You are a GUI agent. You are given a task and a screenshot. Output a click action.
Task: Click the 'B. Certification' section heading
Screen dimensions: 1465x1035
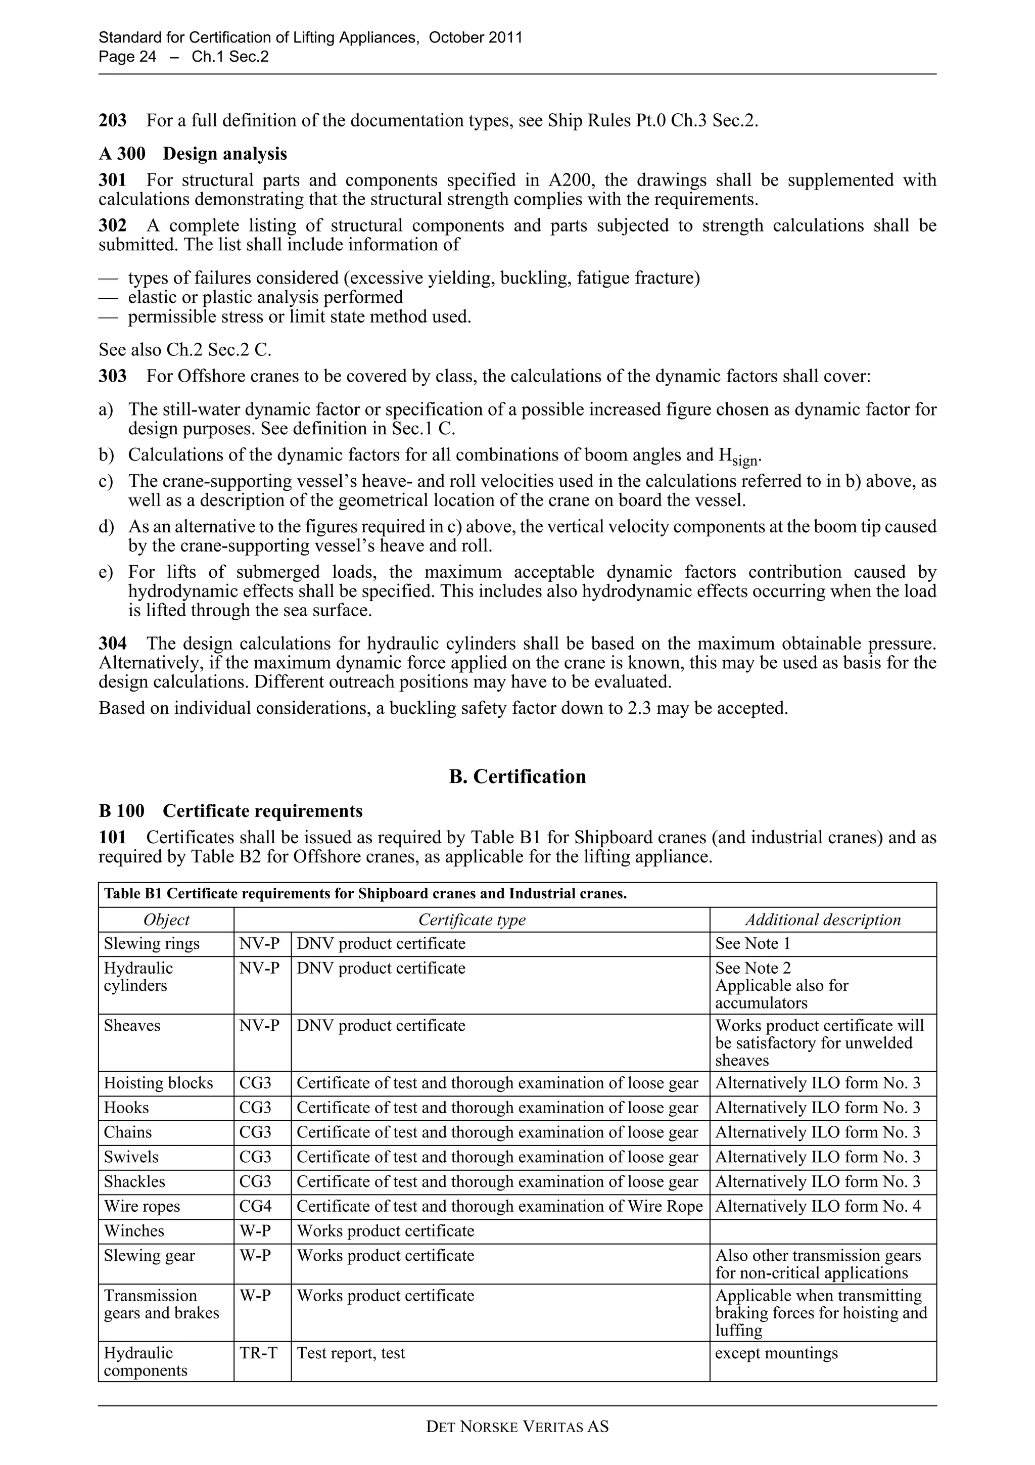517,776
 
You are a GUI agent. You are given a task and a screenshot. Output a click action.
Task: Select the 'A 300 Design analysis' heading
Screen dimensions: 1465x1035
193,154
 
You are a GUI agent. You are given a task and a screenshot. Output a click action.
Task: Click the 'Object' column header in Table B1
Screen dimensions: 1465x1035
166,920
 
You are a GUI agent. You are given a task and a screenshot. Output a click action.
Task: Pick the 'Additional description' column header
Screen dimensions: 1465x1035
823,920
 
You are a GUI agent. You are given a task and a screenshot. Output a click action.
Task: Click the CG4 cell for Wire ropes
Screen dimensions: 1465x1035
255,1207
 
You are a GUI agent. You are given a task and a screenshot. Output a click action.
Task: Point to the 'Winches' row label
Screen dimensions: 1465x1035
134,1231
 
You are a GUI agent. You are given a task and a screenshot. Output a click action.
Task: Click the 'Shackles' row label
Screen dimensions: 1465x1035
134,1182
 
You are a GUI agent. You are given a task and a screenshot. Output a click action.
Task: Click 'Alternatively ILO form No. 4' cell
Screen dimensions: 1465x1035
818,1207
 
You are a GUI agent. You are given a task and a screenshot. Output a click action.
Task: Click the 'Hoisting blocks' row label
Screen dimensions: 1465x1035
158,1083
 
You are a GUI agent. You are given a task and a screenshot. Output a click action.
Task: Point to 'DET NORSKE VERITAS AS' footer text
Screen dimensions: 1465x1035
517,1427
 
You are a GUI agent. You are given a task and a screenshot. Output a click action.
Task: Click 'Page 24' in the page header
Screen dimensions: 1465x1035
127,57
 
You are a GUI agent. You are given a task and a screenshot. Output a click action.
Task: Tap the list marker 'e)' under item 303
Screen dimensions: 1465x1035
106,572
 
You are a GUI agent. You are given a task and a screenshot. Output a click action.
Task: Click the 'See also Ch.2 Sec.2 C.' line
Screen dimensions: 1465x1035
185,350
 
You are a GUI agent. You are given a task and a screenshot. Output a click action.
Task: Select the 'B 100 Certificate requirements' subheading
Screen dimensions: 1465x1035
230,811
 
